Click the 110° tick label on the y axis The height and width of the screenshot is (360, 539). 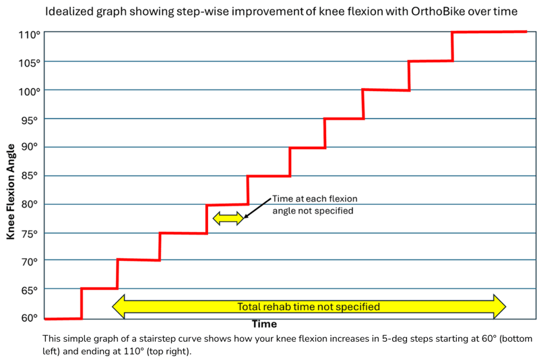pos(28,34)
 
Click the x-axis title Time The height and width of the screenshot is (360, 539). pos(265,324)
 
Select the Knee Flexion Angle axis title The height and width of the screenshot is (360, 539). pos(10,191)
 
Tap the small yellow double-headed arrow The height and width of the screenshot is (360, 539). pos(227,218)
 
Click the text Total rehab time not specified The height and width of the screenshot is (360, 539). pos(309,307)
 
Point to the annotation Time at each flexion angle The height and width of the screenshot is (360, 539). pos(314,204)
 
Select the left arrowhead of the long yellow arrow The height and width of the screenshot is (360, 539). pos(119,307)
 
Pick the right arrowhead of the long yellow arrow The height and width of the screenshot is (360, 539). pos(499,307)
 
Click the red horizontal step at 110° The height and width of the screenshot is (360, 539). pos(488,32)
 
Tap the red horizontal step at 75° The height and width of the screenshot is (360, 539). pos(183,233)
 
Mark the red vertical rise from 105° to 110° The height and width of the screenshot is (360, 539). pos(452,47)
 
